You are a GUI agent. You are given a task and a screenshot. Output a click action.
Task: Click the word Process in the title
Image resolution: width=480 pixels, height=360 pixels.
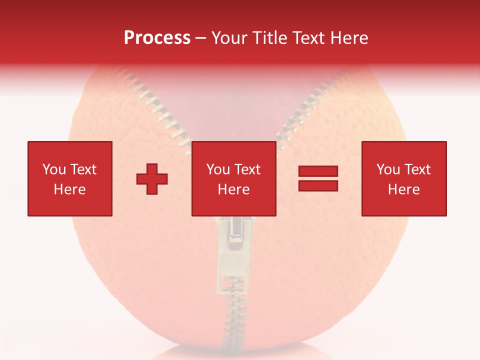[157, 38]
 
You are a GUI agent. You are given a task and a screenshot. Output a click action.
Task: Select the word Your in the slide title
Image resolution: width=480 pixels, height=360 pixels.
[229, 38]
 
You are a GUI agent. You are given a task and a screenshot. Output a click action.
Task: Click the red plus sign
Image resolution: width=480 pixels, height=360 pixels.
[152, 179]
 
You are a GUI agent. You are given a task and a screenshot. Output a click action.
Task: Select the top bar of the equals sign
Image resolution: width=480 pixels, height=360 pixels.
[318, 171]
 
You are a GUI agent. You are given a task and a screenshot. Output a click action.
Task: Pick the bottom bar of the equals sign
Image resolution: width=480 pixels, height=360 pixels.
[318, 185]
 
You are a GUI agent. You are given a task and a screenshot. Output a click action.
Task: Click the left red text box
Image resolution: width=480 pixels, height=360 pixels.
[69, 178]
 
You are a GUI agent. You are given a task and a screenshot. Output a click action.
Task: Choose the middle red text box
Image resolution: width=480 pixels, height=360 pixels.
[233, 178]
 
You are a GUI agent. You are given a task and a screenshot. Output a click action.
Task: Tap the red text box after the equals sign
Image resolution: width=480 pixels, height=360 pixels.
[403, 178]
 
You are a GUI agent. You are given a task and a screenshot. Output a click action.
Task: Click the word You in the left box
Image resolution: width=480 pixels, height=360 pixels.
[54, 169]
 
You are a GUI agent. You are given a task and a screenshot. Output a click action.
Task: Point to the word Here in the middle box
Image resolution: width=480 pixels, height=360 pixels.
[233, 189]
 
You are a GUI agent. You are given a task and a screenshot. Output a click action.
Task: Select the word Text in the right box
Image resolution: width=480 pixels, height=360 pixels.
[417, 169]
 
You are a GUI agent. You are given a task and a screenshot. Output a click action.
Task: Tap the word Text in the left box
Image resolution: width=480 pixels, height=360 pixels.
[83, 169]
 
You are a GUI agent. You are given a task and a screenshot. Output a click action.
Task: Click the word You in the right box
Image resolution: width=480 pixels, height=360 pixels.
[388, 169]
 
